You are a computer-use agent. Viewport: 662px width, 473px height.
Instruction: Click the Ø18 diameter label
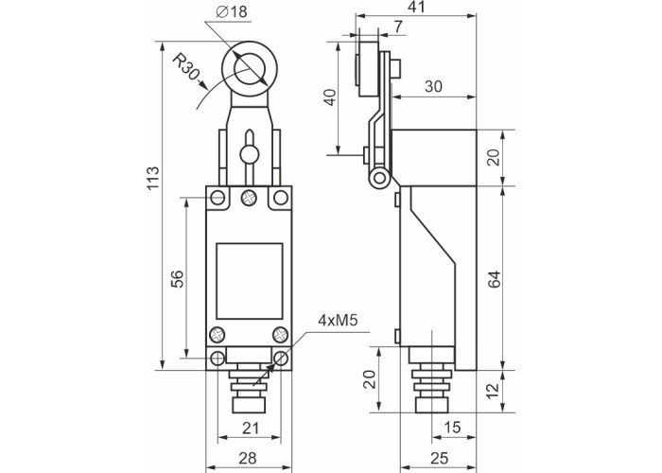click(x=232, y=11)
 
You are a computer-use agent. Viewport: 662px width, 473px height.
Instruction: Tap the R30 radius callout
click(x=185, y=67)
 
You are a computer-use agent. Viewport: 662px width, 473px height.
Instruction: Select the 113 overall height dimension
click(x=153, y=178)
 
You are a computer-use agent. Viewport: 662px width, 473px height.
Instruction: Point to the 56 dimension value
click(x=178, y=279)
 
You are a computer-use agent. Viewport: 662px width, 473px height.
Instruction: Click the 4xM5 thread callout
click(x=338, y=321)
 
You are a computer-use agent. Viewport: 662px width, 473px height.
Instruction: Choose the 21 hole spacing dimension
click(x=251, y=429)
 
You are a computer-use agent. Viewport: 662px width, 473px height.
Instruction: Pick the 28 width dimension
click(x=248, y=458)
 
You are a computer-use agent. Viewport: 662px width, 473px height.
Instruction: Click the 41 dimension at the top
click(x=417, y=7)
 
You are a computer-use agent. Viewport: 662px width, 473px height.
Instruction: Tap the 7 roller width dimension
click(x=398, y=26)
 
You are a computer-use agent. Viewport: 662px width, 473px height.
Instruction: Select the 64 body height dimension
click(x=494, y=279)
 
